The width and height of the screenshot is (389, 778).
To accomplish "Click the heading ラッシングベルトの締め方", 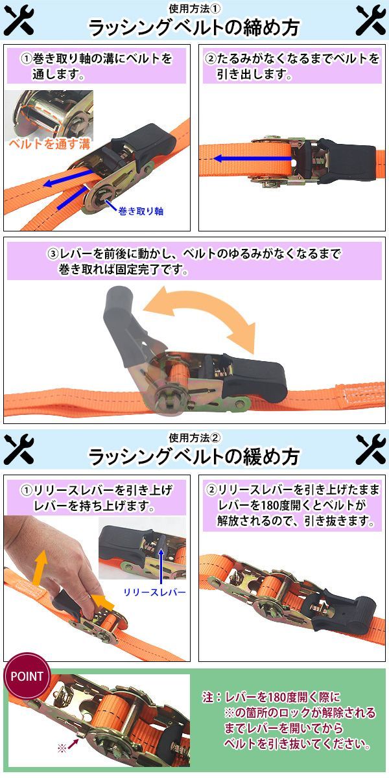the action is pyautogui.click(x=194, y=28).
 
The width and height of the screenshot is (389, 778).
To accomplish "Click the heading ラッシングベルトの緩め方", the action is pyautogui.click(x=194, y=456).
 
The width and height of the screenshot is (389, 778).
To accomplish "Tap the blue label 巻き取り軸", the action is pyautogui.click(x=141, y=211).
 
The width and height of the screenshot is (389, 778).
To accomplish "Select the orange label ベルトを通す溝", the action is pyautogui.click(x=49, y=144).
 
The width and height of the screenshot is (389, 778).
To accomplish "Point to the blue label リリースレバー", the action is pyautogui.click(x=155, y=592).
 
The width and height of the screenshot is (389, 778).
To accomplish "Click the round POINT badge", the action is pyautogui.click(x=27, y=676).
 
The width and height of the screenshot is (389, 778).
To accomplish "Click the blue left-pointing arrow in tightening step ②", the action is pyautogui.click(x=252, y=159).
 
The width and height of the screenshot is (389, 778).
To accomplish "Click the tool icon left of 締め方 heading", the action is pyautogui.click(x=19, y=19).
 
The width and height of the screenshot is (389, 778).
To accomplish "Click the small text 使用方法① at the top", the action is pyautogui.click(x=194, y=8).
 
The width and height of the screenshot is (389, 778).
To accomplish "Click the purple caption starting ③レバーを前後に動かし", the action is pyautogui.click(x=194, y=261).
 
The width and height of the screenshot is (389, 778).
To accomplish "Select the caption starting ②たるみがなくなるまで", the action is pyautogui.click(x=292, y=66).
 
